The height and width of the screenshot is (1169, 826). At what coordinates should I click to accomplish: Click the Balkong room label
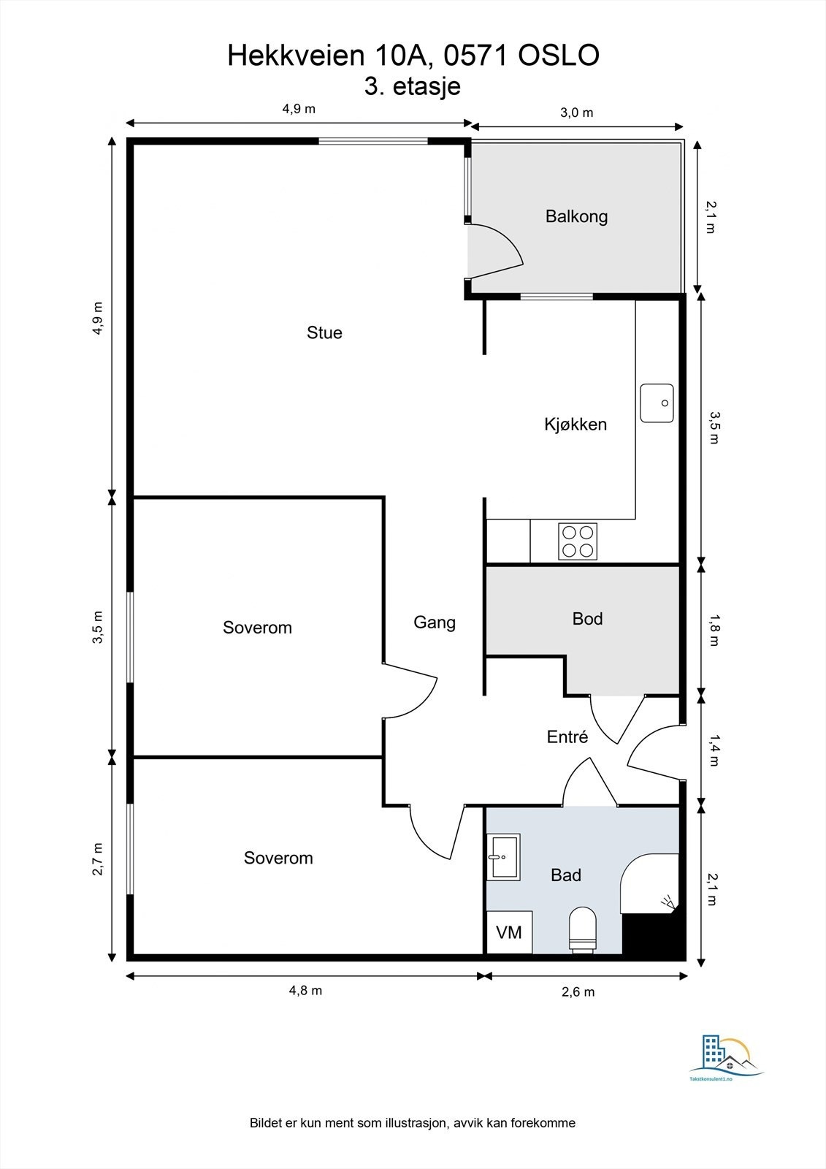576,216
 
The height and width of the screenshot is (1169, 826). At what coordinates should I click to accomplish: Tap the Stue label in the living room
324,332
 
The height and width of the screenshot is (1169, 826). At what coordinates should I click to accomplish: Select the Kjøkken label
575,424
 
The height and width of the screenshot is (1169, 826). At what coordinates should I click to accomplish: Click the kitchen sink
657,403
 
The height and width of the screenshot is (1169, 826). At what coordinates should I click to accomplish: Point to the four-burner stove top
578,541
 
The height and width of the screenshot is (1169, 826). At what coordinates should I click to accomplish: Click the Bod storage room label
587,619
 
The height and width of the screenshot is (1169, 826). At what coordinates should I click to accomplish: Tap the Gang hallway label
435,622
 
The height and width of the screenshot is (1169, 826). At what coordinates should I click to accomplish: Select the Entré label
567,736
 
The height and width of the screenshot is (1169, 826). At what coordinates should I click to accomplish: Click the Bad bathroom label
566,875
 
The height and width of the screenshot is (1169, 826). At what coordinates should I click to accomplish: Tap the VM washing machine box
509,932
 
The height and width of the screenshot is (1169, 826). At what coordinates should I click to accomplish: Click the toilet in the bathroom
582,929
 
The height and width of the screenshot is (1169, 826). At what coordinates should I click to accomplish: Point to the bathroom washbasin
503,856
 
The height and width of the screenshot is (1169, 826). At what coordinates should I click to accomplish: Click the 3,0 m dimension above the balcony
577,113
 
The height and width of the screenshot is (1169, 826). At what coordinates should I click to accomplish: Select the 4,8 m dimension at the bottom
306,990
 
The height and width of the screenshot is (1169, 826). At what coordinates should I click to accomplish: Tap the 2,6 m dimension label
578,991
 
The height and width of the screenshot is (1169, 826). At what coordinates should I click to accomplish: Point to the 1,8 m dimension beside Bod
714,629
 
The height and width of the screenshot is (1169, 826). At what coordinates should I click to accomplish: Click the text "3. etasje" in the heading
412,87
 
